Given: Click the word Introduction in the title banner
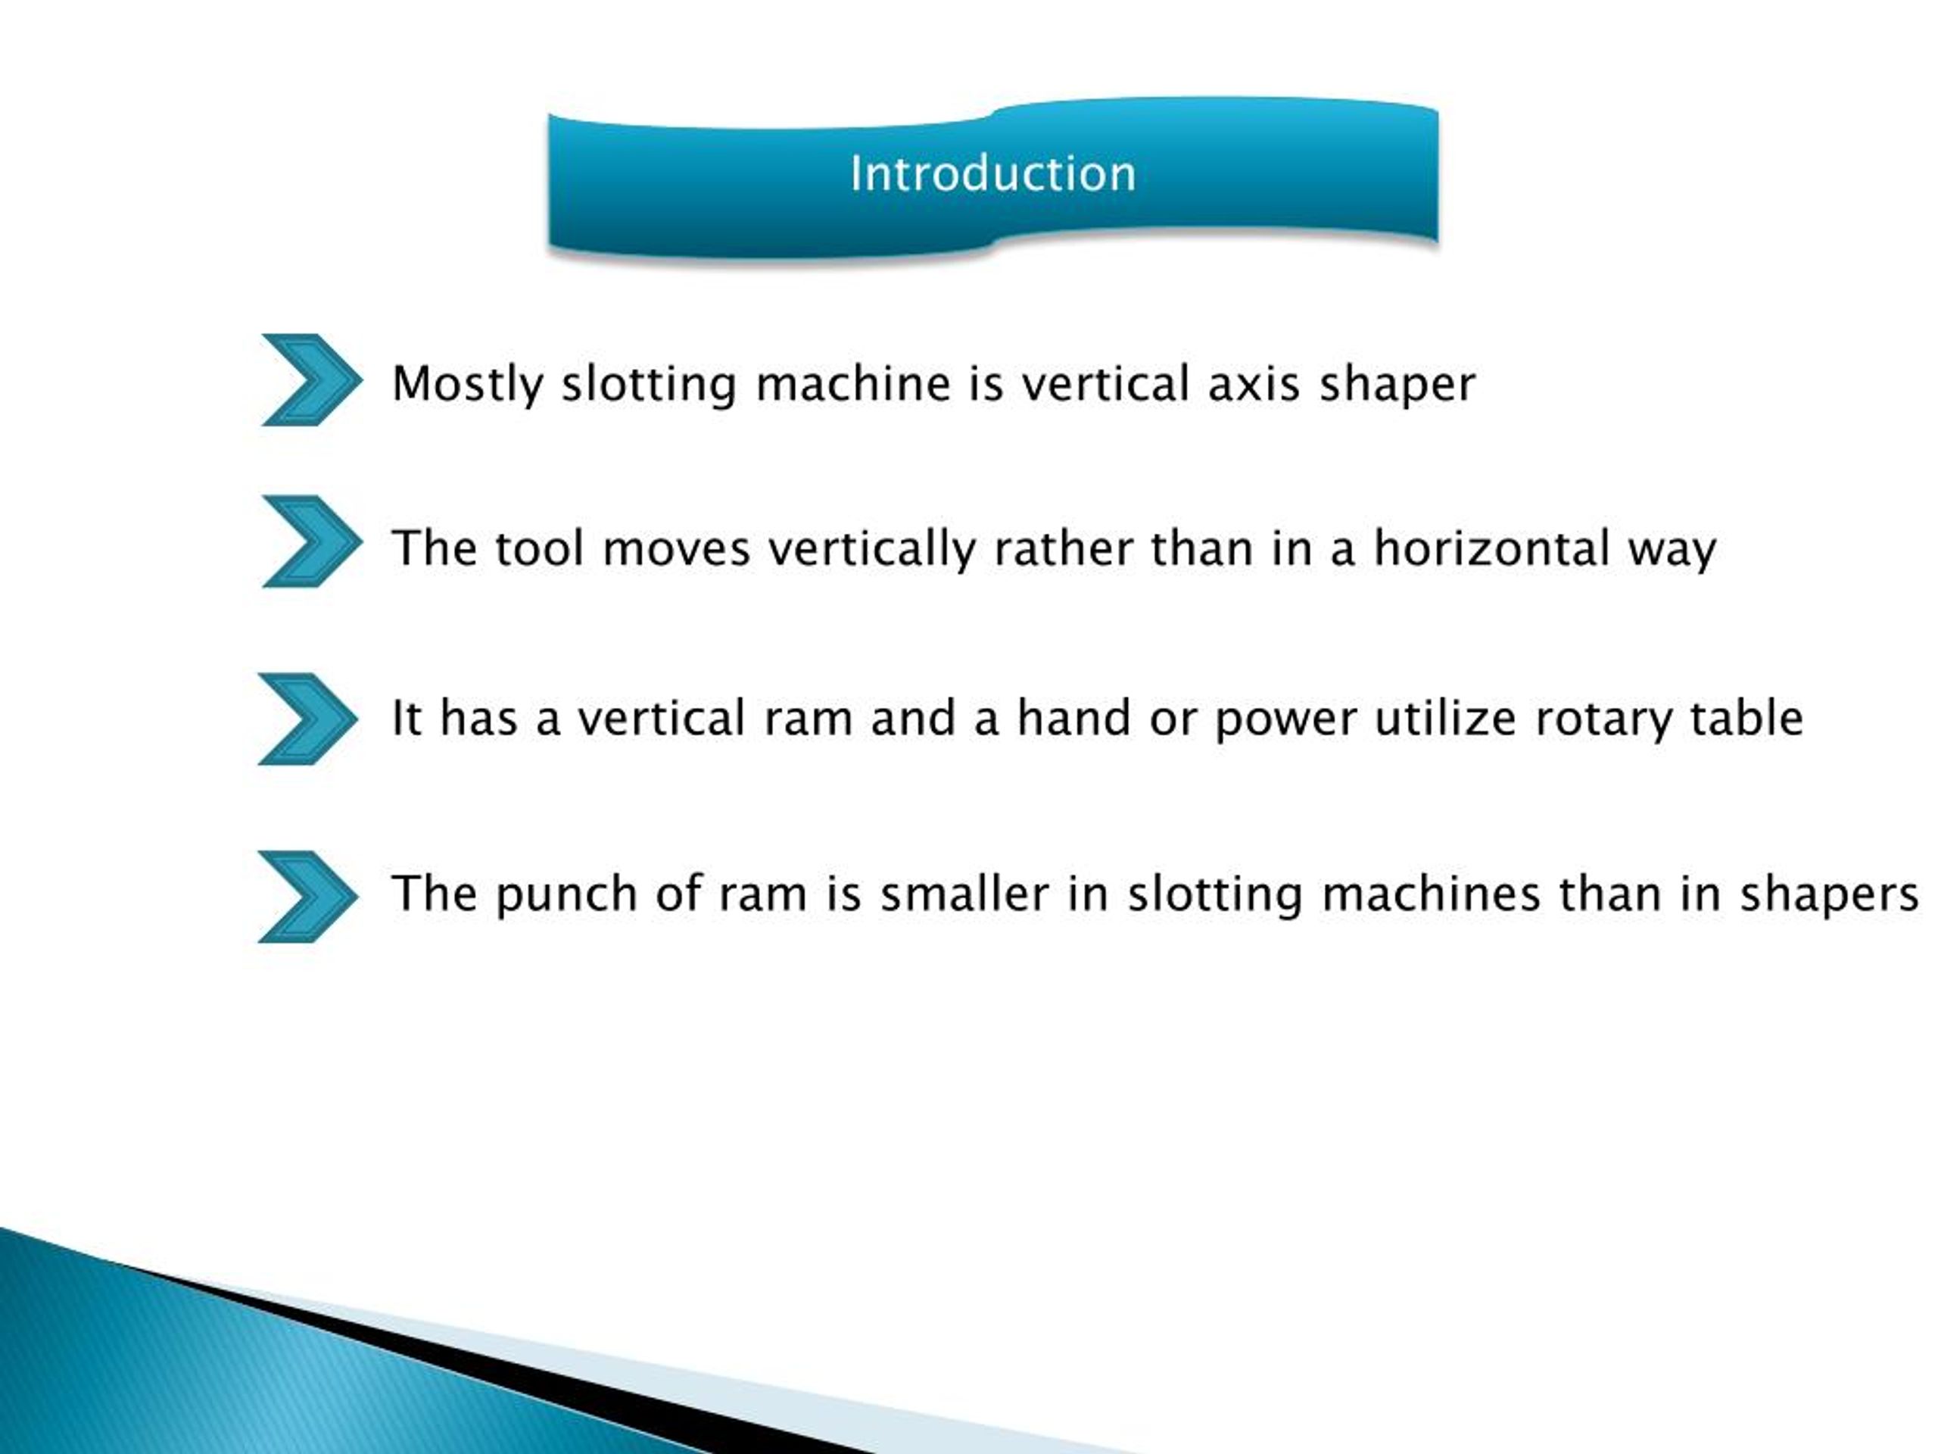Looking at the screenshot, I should click(992, 173).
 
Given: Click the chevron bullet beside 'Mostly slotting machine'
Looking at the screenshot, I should click(311, 379).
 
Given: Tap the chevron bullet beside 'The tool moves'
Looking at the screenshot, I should click(311, 541).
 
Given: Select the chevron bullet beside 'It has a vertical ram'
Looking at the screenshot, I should click(307, 719).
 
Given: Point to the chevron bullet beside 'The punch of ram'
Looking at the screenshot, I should click(307, 897).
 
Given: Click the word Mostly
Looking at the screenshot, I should click(467, 385).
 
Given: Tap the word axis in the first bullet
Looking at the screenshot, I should click(1253, 384).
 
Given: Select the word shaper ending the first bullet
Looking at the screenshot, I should click(1397, 385).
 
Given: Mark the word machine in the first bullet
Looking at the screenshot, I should click(852, 384).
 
